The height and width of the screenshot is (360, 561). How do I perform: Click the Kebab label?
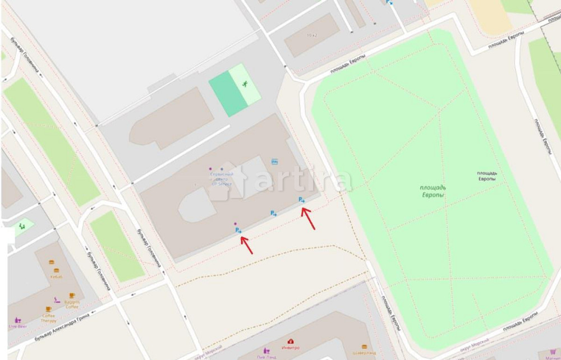[56, 276]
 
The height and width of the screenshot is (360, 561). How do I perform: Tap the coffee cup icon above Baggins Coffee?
[72, 296]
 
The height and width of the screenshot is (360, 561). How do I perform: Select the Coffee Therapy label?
[48, 318]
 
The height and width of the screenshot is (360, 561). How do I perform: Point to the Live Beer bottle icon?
[17, 320]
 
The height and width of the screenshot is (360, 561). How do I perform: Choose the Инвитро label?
[291, 348]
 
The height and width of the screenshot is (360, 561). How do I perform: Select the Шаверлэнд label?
[364, 353]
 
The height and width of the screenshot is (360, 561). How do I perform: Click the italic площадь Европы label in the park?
[432, 191]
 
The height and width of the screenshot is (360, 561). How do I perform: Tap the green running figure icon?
[245, 85]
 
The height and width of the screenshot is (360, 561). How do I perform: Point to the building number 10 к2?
[312, 35]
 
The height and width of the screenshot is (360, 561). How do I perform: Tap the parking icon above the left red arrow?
[238, 230]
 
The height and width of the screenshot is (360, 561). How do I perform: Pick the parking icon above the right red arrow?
[301, 200]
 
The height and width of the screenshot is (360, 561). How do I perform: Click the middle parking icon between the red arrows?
[273, 213]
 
